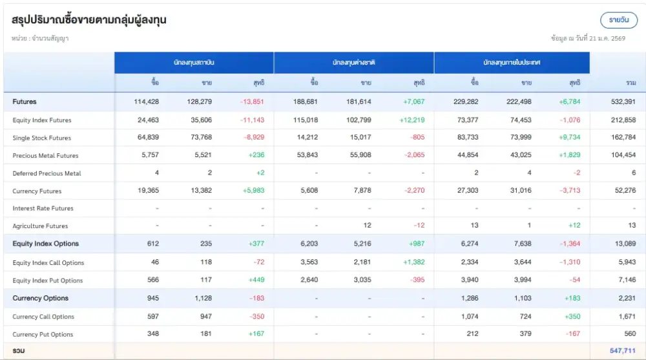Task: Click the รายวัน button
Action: (618, 20)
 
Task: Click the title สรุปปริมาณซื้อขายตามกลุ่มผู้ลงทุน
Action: (89, 20)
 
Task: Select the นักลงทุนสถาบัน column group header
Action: (194, 63)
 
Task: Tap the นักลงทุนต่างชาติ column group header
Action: (354, 63)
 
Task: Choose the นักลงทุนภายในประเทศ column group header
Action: (512, 63)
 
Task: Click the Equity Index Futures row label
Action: (42, 120)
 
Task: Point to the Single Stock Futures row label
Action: (42, 138)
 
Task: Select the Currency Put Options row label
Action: (43, 334)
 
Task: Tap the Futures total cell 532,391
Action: (623, 101)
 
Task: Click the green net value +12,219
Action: (412, 120)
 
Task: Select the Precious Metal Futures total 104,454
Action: (623, 155)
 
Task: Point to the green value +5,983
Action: (252, 191)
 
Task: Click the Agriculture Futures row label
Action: (40, 226)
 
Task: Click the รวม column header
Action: (630, 83)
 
